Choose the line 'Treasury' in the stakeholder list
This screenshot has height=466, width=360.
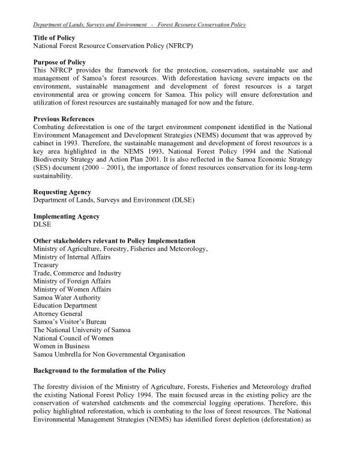pyautogui.click(x=46, y=265)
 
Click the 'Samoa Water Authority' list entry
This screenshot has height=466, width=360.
pyautogui.click(x=67, y=297)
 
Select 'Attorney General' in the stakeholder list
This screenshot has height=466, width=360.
pyautogui.click(x=58, y=313)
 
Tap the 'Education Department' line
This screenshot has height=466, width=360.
pyautogui.click(x=65, y=306)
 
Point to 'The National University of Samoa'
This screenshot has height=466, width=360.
pyautogui.click(x=82, y=330)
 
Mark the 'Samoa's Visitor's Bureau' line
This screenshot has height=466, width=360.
pyautogui.click(x=70, y=322)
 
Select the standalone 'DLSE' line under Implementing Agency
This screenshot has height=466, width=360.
pyautogui.click(x=43, y=225)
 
